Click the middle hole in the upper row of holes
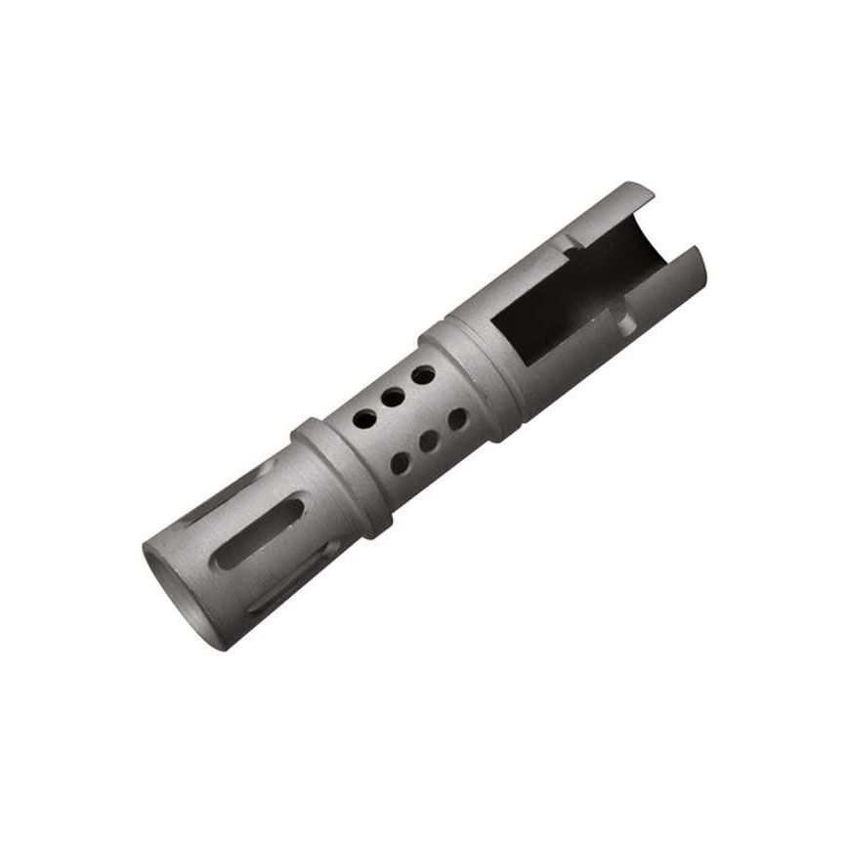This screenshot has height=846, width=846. click(394, 397)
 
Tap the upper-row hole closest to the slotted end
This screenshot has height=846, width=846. click(363, 420)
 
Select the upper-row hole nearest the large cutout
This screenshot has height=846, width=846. click(422, 375)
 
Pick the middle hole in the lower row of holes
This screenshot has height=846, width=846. click(428, 442)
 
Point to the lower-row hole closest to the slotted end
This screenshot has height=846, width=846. click(400, 463)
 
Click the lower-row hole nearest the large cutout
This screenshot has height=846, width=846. click(456, 420)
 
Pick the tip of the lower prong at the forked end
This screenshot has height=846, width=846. click(696, 256)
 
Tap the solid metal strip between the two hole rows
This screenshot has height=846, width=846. click(410, 420)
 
